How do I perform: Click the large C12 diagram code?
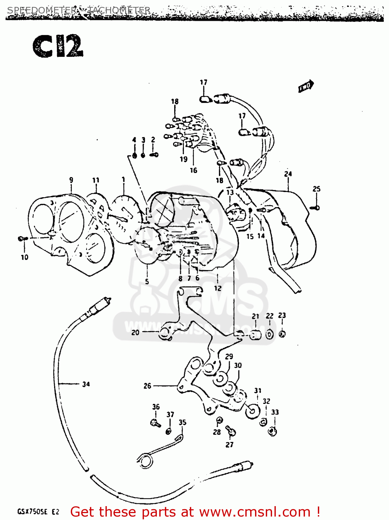pyautogui.click(x=58, y=46)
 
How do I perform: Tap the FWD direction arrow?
pyautogui.click(x=306, y=87)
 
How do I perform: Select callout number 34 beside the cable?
pyautogui.click(x=86, y=384)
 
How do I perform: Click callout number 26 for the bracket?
pyautogui.click(x=147, y=386)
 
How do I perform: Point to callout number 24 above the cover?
pyautogui.click(x=288, y=174)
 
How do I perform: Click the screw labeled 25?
pyautogui.click(x=315, y=208)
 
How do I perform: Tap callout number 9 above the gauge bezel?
pyautogui.click(x=71, y=180)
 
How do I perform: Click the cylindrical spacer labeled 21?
pyautogui.click(x=256, y=335)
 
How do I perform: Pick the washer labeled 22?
pyautogui.click(x=270, y=335)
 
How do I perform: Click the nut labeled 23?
pyautogui.click(x=282, y=334)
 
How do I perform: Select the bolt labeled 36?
pyautogui.click(x=155, y=423)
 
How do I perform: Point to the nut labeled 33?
pyautogui.click(x=273, y=431)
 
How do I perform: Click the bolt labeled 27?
pyautogui.click(x=230, y=431)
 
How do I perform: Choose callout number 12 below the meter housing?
pyautogui.click(x=218, y=288)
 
